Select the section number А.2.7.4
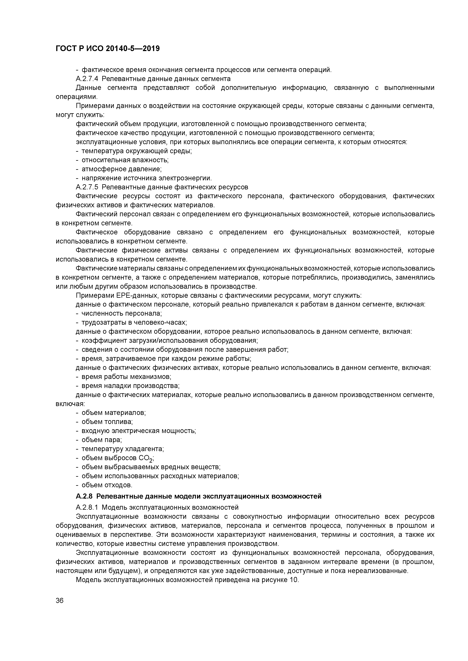87,79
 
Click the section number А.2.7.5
87,187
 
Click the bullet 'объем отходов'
107,485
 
